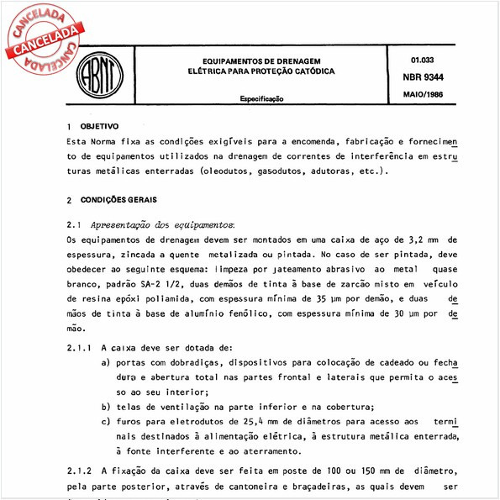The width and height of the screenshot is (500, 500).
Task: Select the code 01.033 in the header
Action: click(423, 61)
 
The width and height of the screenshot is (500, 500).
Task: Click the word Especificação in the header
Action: click(263, 98)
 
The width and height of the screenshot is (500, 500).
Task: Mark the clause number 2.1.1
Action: click(79, 346)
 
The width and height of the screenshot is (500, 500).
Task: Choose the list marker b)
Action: click(106, 407)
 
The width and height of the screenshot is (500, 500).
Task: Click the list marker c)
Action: click(106, 422)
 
